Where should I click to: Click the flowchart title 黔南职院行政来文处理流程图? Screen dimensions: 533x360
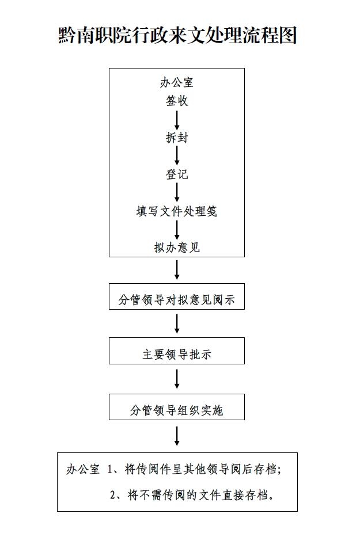(x=177, y=36)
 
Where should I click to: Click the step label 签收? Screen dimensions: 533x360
(x=177, y=101)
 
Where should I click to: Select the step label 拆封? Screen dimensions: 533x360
(x=177, y=138)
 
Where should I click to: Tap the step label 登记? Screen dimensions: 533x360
(x=177, y=174)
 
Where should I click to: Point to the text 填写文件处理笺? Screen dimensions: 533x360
(x=177, y=211)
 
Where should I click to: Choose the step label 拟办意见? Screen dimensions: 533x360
(x=177, y=248)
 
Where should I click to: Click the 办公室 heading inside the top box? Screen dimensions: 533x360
(x=177, y=82)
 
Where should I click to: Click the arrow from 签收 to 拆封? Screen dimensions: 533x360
(x=177, y=119)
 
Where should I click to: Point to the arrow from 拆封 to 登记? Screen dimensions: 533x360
(x=177, y=156)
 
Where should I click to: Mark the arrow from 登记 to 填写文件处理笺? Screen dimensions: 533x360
(x=177, y=193)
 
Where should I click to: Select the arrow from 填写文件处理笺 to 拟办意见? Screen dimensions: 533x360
(x=177, y=230)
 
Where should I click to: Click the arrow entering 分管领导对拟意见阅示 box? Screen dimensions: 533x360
(x=177, y=270)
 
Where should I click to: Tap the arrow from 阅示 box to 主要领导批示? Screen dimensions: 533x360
(x=177, y=323)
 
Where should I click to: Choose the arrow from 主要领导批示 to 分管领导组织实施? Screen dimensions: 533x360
(x=177, y=379)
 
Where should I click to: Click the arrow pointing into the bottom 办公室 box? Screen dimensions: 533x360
(x=177, y=436)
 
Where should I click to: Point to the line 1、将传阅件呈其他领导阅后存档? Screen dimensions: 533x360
(x=194, y=469)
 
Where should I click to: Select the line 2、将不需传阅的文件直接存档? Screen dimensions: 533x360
(x=191, y=494)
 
